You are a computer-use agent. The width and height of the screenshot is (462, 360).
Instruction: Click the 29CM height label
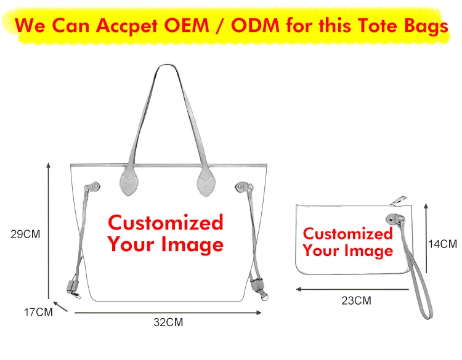[25, 234]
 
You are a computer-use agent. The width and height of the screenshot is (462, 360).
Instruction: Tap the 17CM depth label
[38, 312]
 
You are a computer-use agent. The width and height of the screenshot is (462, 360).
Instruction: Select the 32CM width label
[168, 322]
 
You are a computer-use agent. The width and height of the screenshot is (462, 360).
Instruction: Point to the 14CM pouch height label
[443, 244]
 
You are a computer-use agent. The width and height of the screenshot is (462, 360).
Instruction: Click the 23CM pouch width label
[357, 301]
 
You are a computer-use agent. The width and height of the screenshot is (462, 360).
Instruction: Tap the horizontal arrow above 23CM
[352, 289]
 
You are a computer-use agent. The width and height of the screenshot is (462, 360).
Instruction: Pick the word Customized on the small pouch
[347, 234]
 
